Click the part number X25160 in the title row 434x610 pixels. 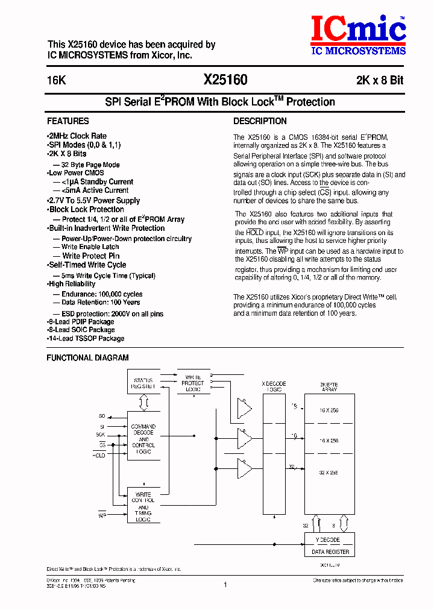[x=225, y=80]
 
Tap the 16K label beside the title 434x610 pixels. [x=56, y=81]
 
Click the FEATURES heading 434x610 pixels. [x=68, y=121]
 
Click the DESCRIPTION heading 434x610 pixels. [x=260, y=121]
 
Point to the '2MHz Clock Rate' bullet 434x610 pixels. [x=77, y=136]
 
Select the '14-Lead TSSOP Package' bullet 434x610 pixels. [x=86, y=339]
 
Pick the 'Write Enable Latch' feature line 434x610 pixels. [x=90, y=247]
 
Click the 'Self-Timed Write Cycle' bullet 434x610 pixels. [x=87, y=265]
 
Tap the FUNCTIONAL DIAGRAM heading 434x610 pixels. [x=88, y=358]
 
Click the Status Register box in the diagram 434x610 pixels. [x=143, y=383]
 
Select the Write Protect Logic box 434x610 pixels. [x=192, y=383]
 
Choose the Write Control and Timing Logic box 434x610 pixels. [x=143, y=506]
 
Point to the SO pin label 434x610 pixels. [x=102, y=417]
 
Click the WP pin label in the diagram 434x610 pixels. [x=102, y=516]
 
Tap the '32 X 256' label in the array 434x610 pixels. [x=329, y=473]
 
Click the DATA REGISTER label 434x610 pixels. [x=330, y=552]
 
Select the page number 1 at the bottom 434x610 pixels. [x=225, y=584]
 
